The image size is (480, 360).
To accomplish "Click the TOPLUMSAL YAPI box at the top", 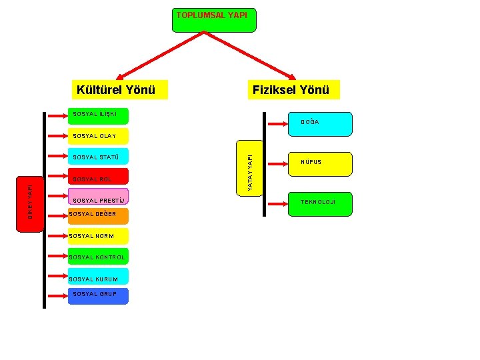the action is pyautogui.click(x=213, y=20).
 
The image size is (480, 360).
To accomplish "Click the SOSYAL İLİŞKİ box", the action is pyautogui.click(x=98, y=115).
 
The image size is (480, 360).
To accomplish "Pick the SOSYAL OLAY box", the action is pyautogui.click(x=98, y=136).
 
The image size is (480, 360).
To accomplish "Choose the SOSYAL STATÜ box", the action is pyautogui.click(x=98, y=157).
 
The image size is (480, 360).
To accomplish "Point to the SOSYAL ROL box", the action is pyautogui.click(x=98, y=179).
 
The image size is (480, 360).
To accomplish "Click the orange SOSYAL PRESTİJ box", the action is pyautogui.click(x=98, y=201).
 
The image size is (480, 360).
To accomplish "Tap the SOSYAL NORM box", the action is pyautogui.click(x=98, y=236).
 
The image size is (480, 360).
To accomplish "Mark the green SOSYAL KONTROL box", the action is pyautogui.click(x=98, y=257).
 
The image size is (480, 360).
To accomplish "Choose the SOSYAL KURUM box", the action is pyautogui.click(x=98, y=279).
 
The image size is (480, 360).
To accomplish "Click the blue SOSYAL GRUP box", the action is pyautogui.click(x=98, y=295).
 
